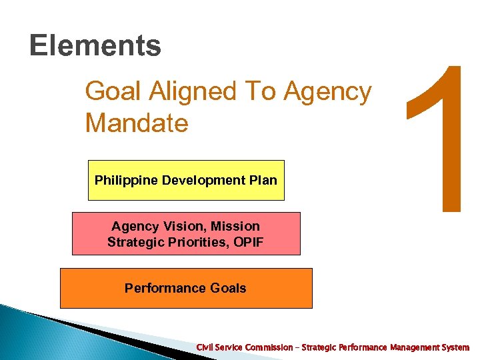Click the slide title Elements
click(x=95, y=46)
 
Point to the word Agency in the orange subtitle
click(x=327, y=92)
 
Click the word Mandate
click(x=137, y=123)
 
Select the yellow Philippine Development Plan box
click(x=186, y=180)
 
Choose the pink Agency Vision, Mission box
click(x=186, y=233)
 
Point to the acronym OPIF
click(x=247, y=241)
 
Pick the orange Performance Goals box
click(x=186, y=288)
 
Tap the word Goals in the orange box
click(x=229, y=288)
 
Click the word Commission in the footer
click(x=269, y=347)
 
